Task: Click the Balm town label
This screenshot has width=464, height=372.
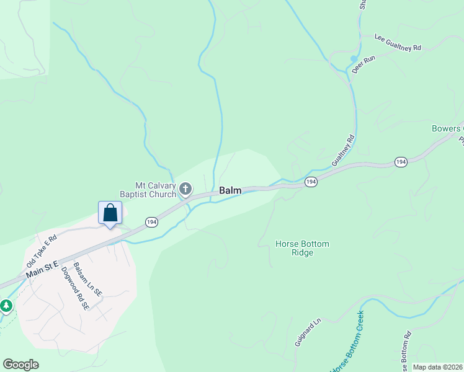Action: click(230, 191)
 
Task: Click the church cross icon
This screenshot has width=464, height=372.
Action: click(185, 188)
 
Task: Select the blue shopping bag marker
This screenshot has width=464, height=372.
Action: click(110, 213)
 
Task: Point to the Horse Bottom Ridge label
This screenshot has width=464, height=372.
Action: click(303, 248)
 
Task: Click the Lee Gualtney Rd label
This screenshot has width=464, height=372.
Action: click(398, 42)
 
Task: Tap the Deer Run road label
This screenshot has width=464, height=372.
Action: click(364, 64)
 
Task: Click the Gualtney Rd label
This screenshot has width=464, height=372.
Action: click(343, 150)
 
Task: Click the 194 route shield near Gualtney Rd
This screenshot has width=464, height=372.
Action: click(311, 182)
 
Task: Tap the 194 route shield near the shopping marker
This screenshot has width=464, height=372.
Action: click(151, 221)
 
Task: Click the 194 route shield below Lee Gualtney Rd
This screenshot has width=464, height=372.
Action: click(401, 162)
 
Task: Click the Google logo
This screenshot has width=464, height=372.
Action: click(20, 365)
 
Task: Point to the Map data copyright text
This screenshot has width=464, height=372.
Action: click(437, 367)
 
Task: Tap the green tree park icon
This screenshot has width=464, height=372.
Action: click(6, 306)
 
